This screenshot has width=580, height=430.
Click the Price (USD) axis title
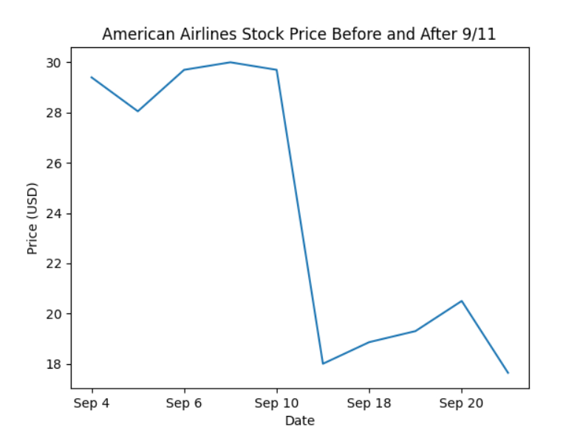click(33, 218)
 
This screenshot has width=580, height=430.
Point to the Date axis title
click(300, 420)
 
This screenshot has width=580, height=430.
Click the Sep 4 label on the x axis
click(92, 403)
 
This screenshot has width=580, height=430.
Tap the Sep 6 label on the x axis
click(184, 403)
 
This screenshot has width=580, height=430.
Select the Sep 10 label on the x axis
click(276, 403)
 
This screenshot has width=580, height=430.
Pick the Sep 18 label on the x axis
click(369, 403)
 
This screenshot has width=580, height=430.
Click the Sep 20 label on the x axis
click(461, 403)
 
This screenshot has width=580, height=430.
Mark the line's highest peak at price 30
click(231, 62)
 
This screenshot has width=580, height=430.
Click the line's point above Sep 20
click(462, 301)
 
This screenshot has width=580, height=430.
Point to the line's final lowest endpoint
click(508, 373)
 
